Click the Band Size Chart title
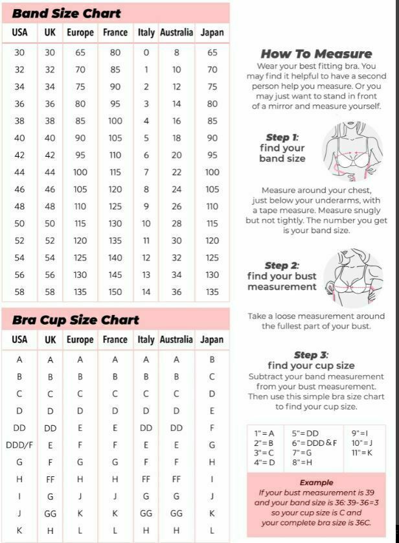pyautogui.click(x=66, y=13)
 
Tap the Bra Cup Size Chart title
pyautogui.click(x=75, y=319)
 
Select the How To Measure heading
pyautogui.click(x=316, y=54)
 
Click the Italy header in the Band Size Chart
pyautogui.click(x=146, y=32)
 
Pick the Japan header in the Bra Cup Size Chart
pyautogui.click(x=212, y=340)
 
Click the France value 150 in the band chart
pyautogui.click(x=115, y=292)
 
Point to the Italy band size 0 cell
pyautogui.click(x=146, y=52)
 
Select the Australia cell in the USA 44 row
pyautogui.click(x=177, y=172)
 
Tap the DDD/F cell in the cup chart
pyautogui.click(x=19, y=445)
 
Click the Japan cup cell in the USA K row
pyautogui.click(x=212, y=530)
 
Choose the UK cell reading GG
pyautogui.click(x=51, y=513)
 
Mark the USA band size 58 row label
pyautogui.click(x=19, y=292)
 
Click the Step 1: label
pyautogui.click(x=282, y=137)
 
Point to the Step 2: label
pyautogui.click(x=282, y=266)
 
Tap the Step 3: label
pyautogui.click(x=311, y=355)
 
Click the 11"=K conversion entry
pyautogui.click(x=362, y=452)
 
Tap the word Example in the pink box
pyautogui.click(x=316, y=482)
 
